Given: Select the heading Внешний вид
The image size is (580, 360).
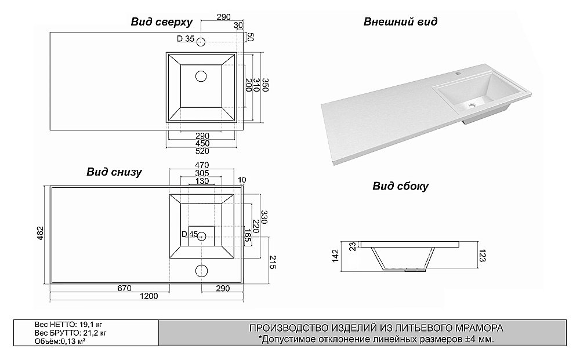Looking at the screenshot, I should [400, 23].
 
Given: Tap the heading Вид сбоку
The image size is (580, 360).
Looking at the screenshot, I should [400, 186].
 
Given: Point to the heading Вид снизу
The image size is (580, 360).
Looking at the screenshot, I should [114, 172].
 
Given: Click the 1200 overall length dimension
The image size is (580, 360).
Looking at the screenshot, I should [149, 297].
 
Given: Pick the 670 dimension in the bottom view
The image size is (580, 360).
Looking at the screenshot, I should [124, 288].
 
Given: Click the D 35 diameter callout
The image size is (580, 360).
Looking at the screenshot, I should [186, 39].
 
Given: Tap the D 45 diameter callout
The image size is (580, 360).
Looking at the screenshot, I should [190, 234].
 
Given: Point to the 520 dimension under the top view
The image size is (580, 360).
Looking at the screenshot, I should [202, 151].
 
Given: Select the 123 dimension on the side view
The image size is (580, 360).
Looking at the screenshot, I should [482, 256].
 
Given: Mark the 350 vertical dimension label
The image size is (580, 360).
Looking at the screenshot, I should [265, 83].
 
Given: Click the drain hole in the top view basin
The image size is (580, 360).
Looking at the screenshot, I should [201, 75].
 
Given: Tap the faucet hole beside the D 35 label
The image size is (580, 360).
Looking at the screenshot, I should [201, 42].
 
